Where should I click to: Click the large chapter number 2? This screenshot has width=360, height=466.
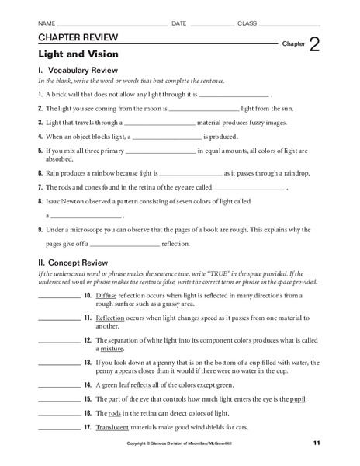coord(315,44)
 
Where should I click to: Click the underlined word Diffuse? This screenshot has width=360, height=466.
coord(106,297)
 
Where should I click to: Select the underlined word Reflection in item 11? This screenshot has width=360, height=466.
coord(112,319)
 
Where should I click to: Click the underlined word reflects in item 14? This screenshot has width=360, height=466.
coord(141,386)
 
